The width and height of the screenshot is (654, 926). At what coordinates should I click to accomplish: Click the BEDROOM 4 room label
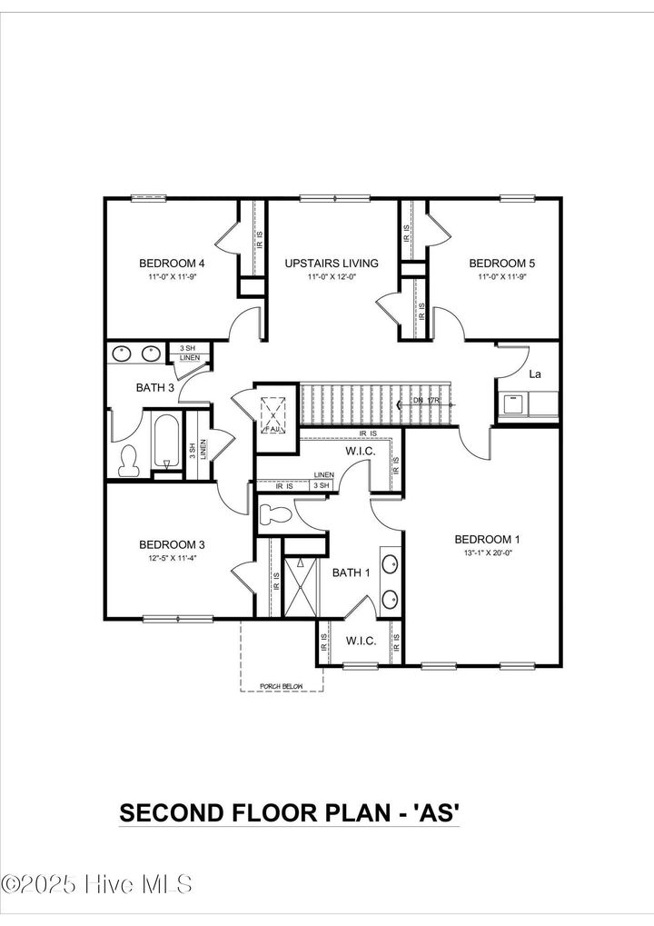click(x=171, y=264)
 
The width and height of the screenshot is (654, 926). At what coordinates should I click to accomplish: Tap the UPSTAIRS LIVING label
click(x=331, y=264)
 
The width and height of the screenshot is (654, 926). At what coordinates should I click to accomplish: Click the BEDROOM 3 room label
click(x=172, y=545)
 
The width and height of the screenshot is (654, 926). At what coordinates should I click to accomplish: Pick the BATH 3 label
click(x=155, y=388)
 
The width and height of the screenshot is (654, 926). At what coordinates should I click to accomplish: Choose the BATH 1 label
click(x=351, y=573)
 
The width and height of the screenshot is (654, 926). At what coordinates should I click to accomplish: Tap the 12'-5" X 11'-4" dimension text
click(x=172, y=558)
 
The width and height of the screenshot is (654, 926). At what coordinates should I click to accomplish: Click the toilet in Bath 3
click(x=128, y=462)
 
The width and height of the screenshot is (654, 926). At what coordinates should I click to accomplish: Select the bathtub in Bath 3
click(x=166, y=443)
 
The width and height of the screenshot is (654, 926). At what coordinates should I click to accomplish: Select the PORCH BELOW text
click(x=282, y=686)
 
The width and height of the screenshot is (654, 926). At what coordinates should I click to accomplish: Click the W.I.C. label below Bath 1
click(x=361, y=641)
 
